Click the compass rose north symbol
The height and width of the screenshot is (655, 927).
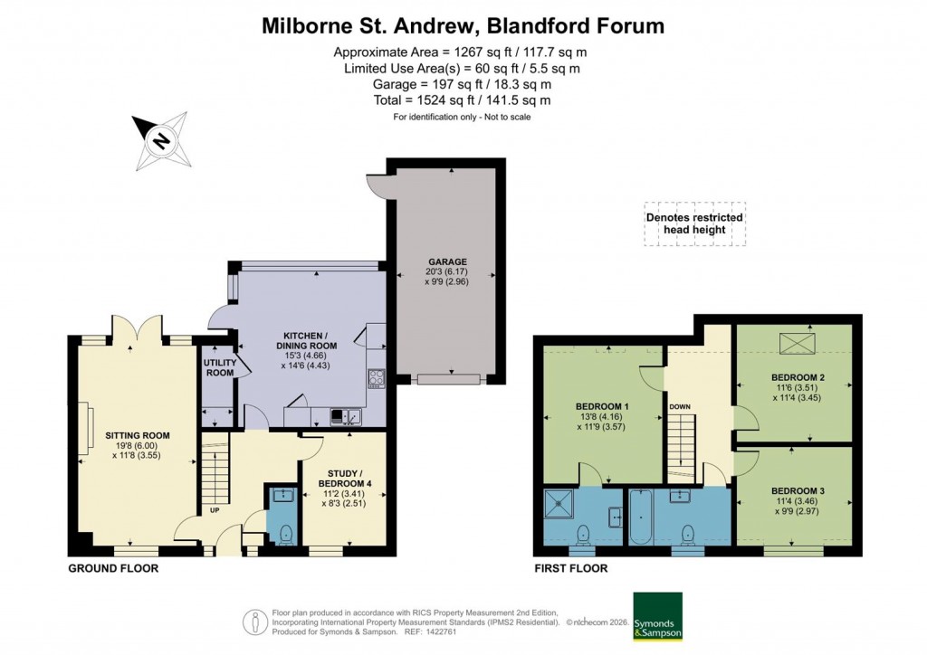click(x=160, y=140)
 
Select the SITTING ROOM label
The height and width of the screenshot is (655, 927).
click(x=138, y=435)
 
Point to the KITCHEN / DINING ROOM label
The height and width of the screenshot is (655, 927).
click(x=306, y=340)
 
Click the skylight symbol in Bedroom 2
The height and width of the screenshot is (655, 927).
click(x=798, y=344)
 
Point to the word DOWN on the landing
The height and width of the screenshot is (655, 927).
click(x=680, y=407)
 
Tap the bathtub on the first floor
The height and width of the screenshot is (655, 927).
click(x=640, y=517)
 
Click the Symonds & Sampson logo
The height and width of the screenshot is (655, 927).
click(x=656, y=616)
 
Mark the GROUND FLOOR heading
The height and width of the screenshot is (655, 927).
click(x=113, y=569)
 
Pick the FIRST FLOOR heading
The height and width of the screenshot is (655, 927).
click(x=571, y=569)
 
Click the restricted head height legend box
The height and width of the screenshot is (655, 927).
click(x=694, y=223)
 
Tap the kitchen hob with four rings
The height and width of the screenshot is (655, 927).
click(x=376, y=378)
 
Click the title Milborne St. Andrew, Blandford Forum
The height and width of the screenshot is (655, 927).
click(x=463, y=25)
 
